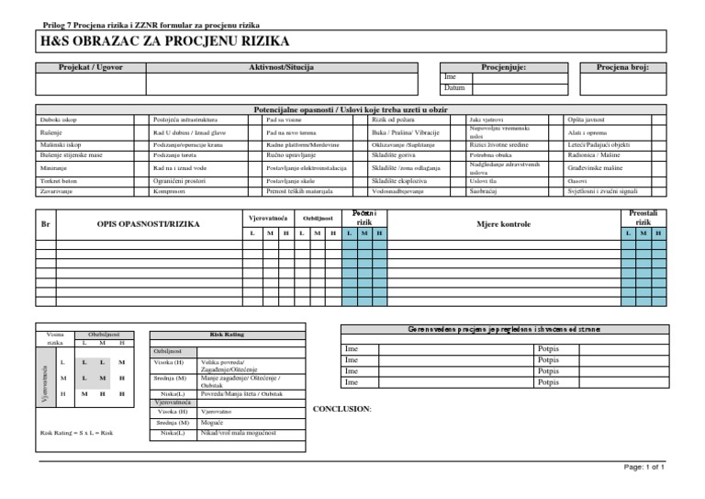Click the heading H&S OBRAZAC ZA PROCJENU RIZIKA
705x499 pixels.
tap(164, 42)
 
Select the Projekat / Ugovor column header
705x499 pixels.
tap(90, 67)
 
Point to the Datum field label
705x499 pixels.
tap(454, 87)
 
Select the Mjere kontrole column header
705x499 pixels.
tap(503, 223)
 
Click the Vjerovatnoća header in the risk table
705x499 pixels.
tap(269, 218)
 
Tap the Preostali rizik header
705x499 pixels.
tap(643, 218)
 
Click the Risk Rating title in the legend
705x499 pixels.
tap(225, 336)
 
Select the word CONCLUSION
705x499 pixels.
tap(342, 407)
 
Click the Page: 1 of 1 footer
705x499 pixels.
tap(643, 468)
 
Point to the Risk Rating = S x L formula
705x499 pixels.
tap(77, 432)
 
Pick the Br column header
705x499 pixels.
tap(44, 223)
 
